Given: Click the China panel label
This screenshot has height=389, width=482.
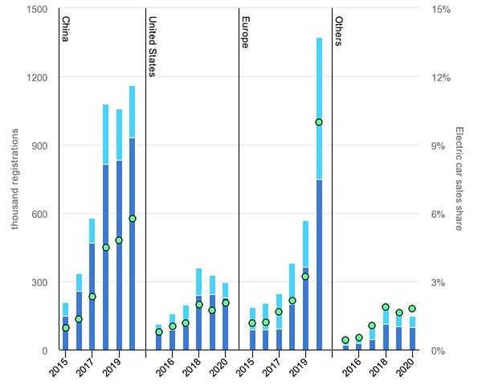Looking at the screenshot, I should click(66, 28).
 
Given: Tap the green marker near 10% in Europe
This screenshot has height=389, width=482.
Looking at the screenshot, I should click(319, 122).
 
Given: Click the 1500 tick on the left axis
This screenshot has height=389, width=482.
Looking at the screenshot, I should click(36, 9).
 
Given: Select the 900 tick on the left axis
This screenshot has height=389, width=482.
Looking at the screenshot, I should click(39, 145).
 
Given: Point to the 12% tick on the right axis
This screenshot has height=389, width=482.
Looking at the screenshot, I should click(441, 77).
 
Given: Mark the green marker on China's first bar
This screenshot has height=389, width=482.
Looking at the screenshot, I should click(65, 328).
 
